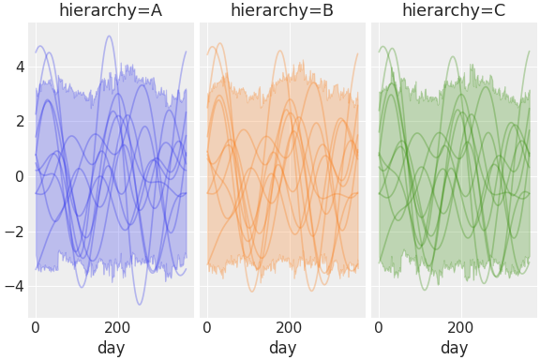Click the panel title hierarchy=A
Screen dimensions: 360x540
click(111, 10)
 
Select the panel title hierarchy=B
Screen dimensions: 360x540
click(282, 10)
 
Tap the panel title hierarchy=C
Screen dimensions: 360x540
click(454, 10)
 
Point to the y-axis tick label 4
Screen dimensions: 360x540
click(18, 67)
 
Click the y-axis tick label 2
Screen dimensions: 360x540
click(18, 122)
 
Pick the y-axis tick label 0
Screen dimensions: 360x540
click(18, 176)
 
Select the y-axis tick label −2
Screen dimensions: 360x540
click(14, 232)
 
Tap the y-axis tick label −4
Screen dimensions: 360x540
click(14, 286)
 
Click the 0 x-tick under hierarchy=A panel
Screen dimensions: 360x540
click(36, 328)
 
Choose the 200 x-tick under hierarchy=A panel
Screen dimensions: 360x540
click(117, 328)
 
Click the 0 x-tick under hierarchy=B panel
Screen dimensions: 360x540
click(207, 328)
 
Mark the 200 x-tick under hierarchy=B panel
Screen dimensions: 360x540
click(289, 328)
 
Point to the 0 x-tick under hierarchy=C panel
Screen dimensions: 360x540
click(379, 328)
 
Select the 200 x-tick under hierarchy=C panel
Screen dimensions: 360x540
click(460, 328)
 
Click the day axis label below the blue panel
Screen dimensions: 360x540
click(111, 348)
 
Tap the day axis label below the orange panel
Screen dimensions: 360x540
click(282, 348)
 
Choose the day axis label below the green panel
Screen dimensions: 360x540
click(454, 348)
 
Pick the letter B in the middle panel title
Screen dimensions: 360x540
click(327, 10)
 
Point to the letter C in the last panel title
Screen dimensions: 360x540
click(499, 10)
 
